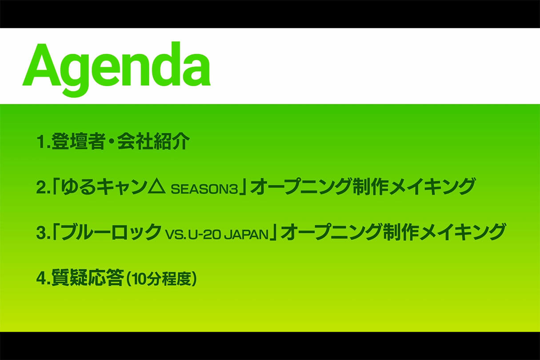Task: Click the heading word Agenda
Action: pos(116,69)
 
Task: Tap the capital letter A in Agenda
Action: pos(41,64)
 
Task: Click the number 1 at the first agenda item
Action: pos(40,142)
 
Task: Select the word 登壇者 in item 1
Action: pos(78,141)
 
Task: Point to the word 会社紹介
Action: pos(154,141)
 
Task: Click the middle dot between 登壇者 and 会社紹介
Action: pos(112,141)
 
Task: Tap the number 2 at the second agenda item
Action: pos(41,188)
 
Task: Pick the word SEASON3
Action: pos(204,189)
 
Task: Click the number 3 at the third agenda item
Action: pos(41,233)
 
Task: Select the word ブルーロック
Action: pos(112,232)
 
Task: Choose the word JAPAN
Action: pos(247,235)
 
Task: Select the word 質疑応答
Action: pos(88,278)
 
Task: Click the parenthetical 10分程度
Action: pos(161,279)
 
